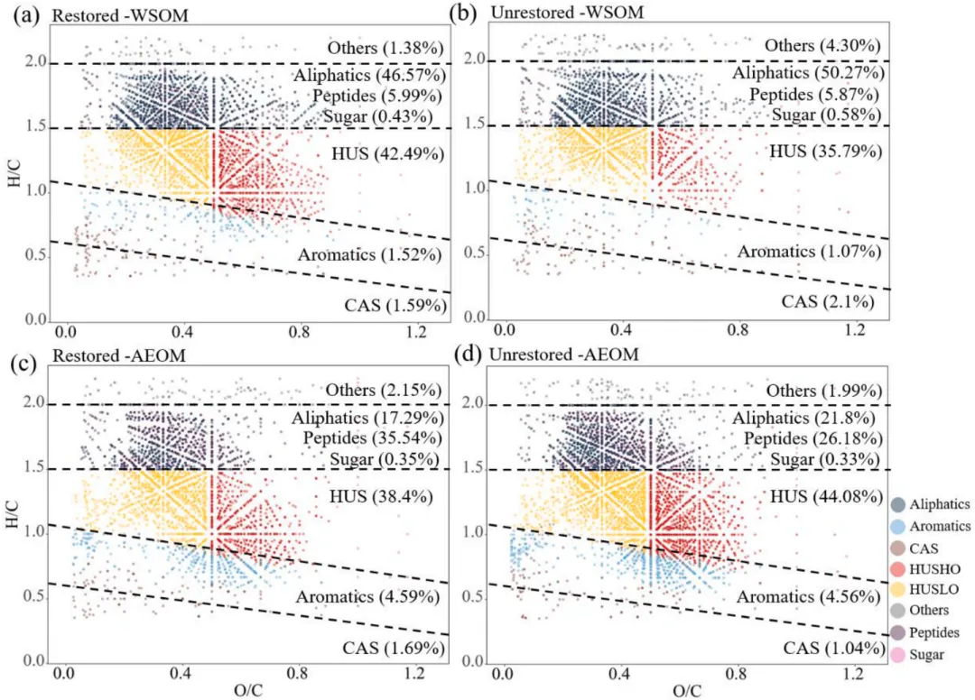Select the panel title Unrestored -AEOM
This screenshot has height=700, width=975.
pyautogui.click(x=550, y=356)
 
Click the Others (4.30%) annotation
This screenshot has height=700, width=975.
pyautogui.click(x=822, y=45)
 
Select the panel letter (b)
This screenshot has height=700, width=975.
pyautogui.click(x=470, y=15)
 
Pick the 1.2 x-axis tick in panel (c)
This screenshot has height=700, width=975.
pyautogui.click(x=414, y=673)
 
